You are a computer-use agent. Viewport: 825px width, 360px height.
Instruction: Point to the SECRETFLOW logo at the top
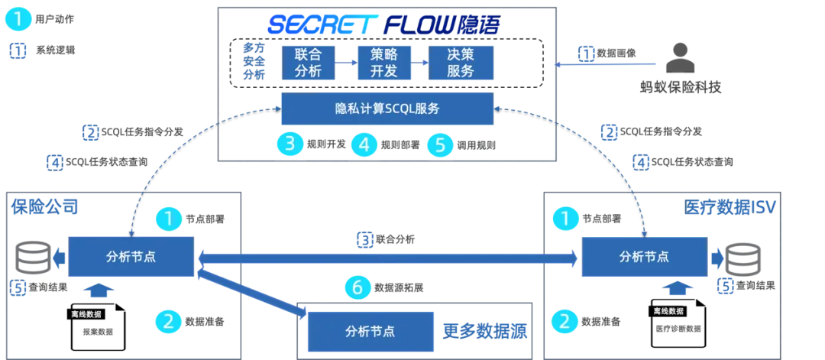[383, 25]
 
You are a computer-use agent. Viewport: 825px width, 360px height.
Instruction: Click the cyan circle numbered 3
[290, 144]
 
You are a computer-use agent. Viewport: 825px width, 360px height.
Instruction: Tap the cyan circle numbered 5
[440, 144]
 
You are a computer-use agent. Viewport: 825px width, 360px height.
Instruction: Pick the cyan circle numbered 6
[357, 287]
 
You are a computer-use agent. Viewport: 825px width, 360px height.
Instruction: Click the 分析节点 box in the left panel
[131, 257]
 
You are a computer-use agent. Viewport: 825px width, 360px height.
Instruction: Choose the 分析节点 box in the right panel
[644, 257]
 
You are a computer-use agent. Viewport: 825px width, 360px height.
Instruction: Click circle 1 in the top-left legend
[18, 19]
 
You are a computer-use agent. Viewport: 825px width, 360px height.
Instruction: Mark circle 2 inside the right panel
[565, 321]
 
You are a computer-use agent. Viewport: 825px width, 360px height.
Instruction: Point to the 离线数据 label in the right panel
[668, 311]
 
